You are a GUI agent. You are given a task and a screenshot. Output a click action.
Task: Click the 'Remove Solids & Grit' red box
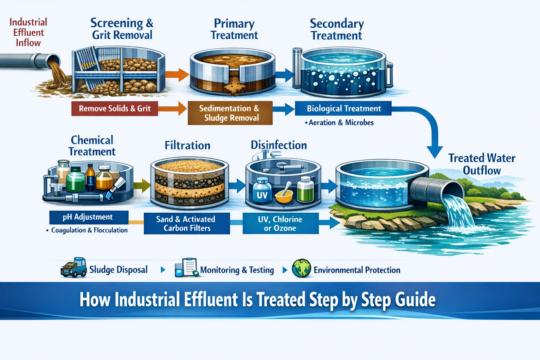coord(115,109)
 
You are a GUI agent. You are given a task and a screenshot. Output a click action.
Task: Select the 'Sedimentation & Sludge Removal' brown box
coord(230,113)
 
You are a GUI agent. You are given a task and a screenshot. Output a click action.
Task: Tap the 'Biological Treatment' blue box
coord(343,109)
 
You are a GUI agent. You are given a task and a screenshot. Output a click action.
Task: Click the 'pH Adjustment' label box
coord(89,217)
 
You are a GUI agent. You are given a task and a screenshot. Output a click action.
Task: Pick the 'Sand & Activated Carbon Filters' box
coord(187,224)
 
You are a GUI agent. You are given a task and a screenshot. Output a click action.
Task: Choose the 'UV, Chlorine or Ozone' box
coord(280,224)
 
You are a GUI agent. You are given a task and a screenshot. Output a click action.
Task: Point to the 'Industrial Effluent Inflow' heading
coord(28,32)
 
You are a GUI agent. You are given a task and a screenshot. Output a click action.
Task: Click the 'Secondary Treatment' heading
coord(336,30)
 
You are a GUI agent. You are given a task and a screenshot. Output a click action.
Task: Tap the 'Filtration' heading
coord(187,146)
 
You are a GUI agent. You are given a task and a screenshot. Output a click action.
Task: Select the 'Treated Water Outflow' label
coord(482,164)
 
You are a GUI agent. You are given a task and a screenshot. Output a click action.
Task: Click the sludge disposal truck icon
coord(74,268)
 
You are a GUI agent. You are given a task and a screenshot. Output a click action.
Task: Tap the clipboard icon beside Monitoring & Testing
coord(187,268)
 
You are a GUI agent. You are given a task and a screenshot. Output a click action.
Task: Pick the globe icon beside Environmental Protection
coord(301,269)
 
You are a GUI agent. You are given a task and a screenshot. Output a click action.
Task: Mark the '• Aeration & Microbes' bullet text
coord(340,123)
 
